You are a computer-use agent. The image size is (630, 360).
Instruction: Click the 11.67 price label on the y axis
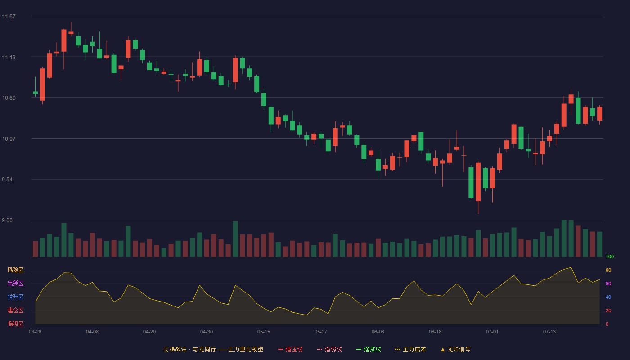(9, 16)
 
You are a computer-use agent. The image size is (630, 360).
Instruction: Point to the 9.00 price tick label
(7, 220)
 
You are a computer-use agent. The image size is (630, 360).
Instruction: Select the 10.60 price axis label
(9, 98)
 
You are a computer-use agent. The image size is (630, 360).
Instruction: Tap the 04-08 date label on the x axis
(92, 332)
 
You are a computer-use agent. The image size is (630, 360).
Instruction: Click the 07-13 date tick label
(549, 332)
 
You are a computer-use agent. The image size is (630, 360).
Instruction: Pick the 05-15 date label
(264, 332)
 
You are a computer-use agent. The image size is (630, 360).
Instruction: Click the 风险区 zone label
(15, 270)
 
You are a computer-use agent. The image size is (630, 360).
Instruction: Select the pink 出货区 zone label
(15, 283)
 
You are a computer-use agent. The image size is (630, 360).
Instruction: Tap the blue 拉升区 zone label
(15, 297)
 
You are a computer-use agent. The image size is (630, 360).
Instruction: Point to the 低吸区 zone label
(15, 324)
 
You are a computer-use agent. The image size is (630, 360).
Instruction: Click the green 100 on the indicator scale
(610, 256)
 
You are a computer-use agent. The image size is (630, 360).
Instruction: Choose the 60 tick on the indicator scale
(608, 283)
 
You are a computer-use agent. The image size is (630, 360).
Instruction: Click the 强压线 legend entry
(290, 349)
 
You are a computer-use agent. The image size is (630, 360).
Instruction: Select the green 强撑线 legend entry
(369, 349)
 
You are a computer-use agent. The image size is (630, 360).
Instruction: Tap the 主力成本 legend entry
(410, 349)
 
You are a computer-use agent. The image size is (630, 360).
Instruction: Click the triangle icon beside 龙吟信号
(443, 350)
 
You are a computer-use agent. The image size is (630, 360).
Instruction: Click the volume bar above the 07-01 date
(492, 245)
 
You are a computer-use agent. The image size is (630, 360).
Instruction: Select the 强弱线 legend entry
(329, 349)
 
